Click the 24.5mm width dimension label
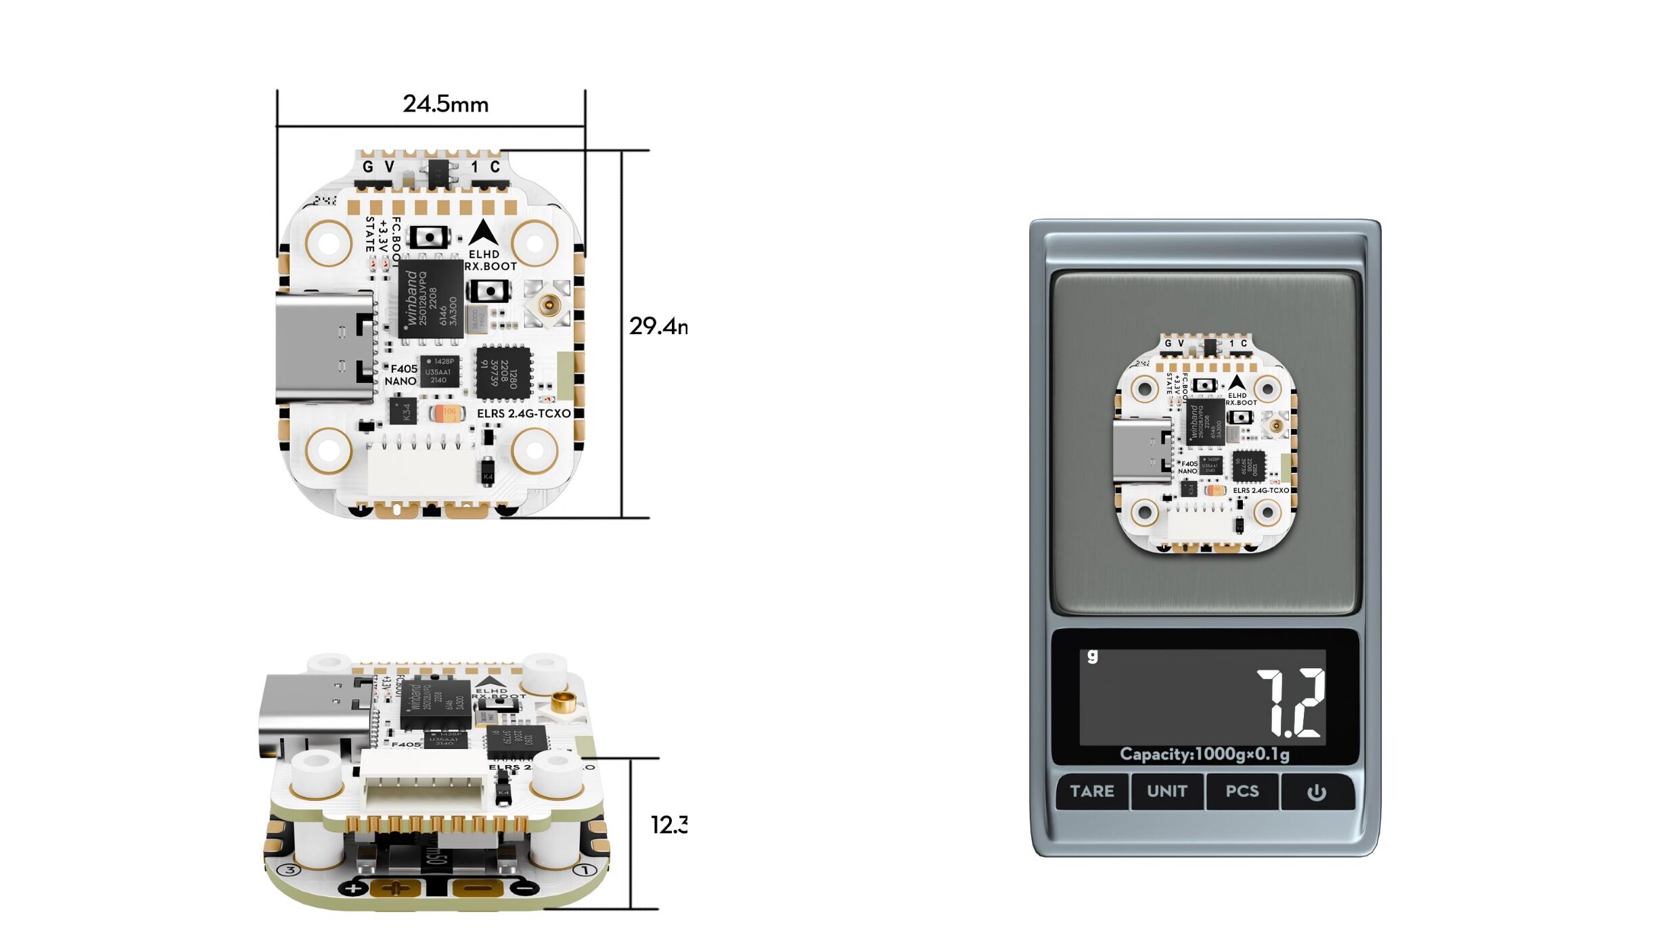point(445,104)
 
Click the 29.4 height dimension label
point(658,326)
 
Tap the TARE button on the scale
point(1091,791)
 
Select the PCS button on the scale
point(1242,791)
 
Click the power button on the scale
point(1316,791)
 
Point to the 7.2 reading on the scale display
point(1290,703)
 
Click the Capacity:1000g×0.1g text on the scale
point(1204,754)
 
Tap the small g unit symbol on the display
point(1092,655)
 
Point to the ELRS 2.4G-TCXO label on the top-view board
point(524,413)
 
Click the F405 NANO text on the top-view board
point(402,375)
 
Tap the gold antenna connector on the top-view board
point(549,305)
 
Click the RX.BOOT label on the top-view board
point(491,267)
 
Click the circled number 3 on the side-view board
point(290,870)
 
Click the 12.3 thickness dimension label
point(668,825)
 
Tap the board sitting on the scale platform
point(1205,443)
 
